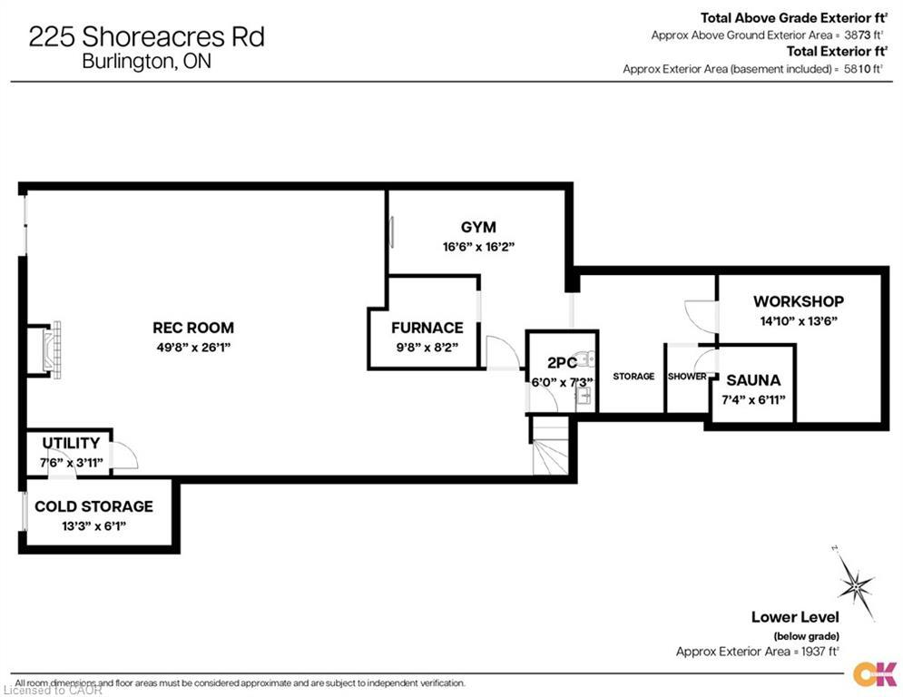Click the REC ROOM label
tap(192, 328)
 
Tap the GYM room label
tap(478, 228)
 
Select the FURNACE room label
tap(427, 328)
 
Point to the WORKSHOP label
tap(799, 301)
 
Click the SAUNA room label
tap(753, 381)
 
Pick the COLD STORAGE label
tap(93, 506)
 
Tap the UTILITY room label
tap(71, 443)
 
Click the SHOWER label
tap(687, 377)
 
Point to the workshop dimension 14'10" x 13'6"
tap(799, 319)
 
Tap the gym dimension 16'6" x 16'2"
tap(478, 246)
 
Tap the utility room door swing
tap(124, 455)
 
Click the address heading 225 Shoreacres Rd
tap(147, 37)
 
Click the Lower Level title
tap(794, 617)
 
